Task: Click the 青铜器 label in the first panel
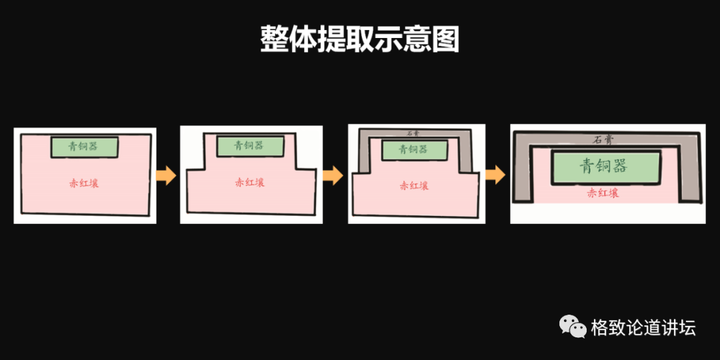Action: point(85,146)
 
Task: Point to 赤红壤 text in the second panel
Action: point(249,182)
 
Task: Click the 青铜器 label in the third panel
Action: point(413,149)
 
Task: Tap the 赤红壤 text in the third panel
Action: point(413,186)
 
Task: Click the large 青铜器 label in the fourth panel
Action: point(603,166)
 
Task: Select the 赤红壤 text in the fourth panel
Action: point(603,193)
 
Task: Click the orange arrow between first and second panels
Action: point(166,176)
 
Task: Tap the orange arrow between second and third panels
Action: point(333,176)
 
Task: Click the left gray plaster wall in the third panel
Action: point(364,153)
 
